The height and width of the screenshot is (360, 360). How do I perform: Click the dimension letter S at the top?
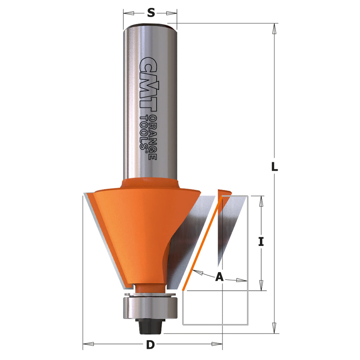point(151,13)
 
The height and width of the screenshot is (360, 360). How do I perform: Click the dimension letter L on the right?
point(274,166)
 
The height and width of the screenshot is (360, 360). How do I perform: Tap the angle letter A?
point(219,277)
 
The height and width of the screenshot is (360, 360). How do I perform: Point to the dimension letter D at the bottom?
point(150,345)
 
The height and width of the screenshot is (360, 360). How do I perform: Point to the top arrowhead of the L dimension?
point(274,28)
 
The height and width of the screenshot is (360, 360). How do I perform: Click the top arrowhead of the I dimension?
point(261,201)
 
